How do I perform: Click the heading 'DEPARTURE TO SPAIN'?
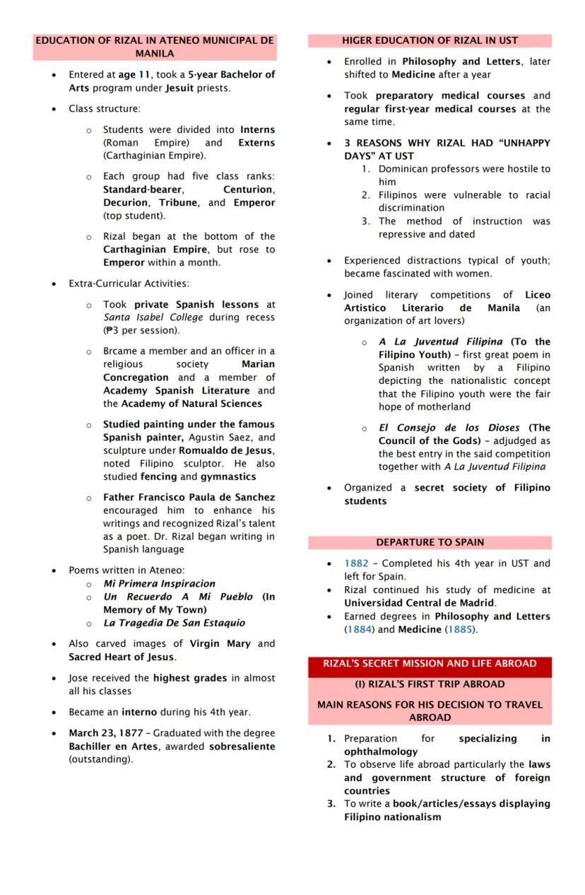430,542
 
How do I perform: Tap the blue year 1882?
356,563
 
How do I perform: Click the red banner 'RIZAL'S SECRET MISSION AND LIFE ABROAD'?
430,664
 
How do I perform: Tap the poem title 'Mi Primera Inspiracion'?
159,584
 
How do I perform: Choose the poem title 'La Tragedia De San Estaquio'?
174,623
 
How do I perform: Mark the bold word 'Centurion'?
249,189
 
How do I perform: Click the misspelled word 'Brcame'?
120,351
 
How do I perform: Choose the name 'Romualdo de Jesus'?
225,451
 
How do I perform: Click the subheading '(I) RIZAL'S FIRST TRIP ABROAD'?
430,684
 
